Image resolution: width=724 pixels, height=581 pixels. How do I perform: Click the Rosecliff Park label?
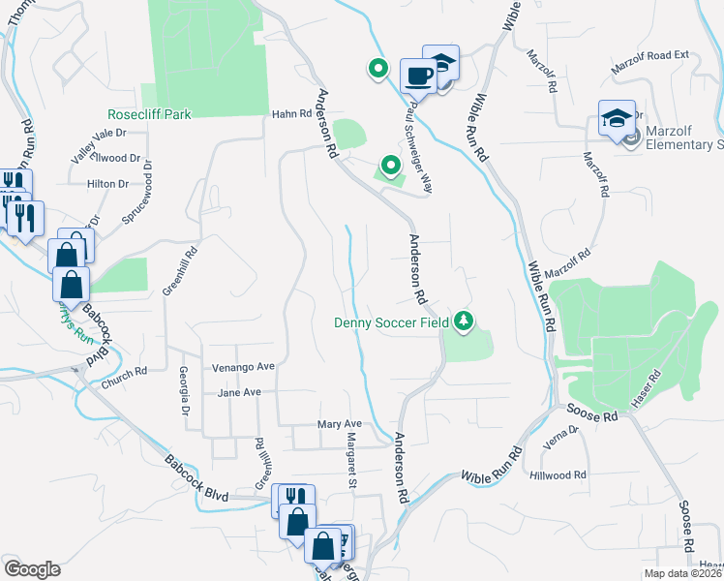(150, 114)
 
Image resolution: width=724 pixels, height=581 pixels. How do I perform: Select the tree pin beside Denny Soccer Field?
(466, 320)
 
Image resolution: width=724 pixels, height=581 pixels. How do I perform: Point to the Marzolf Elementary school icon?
(617, 119)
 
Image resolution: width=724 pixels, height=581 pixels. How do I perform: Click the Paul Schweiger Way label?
(420, 146)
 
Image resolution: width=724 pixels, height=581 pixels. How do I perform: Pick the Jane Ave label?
(240, 392)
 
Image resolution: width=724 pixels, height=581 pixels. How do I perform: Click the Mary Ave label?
(339, 424)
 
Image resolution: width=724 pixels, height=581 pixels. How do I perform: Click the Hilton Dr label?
(107, 184)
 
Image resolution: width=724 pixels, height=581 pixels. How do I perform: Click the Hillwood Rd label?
(558, 475)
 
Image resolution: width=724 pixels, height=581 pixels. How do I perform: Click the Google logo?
(32, 569)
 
